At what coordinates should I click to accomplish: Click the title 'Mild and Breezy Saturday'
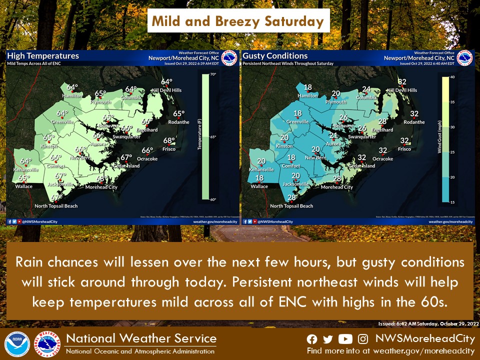click(238, 21)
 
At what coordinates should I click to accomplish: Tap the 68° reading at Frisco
click(169, 140)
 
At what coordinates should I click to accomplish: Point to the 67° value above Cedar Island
click(125, 157)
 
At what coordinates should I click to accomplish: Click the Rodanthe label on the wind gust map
click(414, 122)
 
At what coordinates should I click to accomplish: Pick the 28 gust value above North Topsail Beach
click(292, 197)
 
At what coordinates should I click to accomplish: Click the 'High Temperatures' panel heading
click(43, 56)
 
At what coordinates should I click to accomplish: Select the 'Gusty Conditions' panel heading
click(275, 56)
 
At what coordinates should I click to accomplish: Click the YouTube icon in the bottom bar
click(345, 339)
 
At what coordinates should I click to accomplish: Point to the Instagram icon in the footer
click(363, 339)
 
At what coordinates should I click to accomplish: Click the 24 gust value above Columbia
click(366, 89)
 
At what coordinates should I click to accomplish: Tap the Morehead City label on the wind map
click(336, 187)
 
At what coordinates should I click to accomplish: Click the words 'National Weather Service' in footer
click(141, 338)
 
